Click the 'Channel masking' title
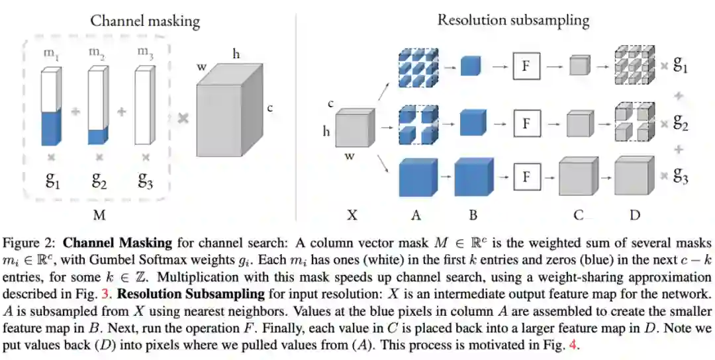click(144, 21)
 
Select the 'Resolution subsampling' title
click(513, 19)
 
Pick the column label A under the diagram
click(415, 214)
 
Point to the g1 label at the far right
click(681, 66)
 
